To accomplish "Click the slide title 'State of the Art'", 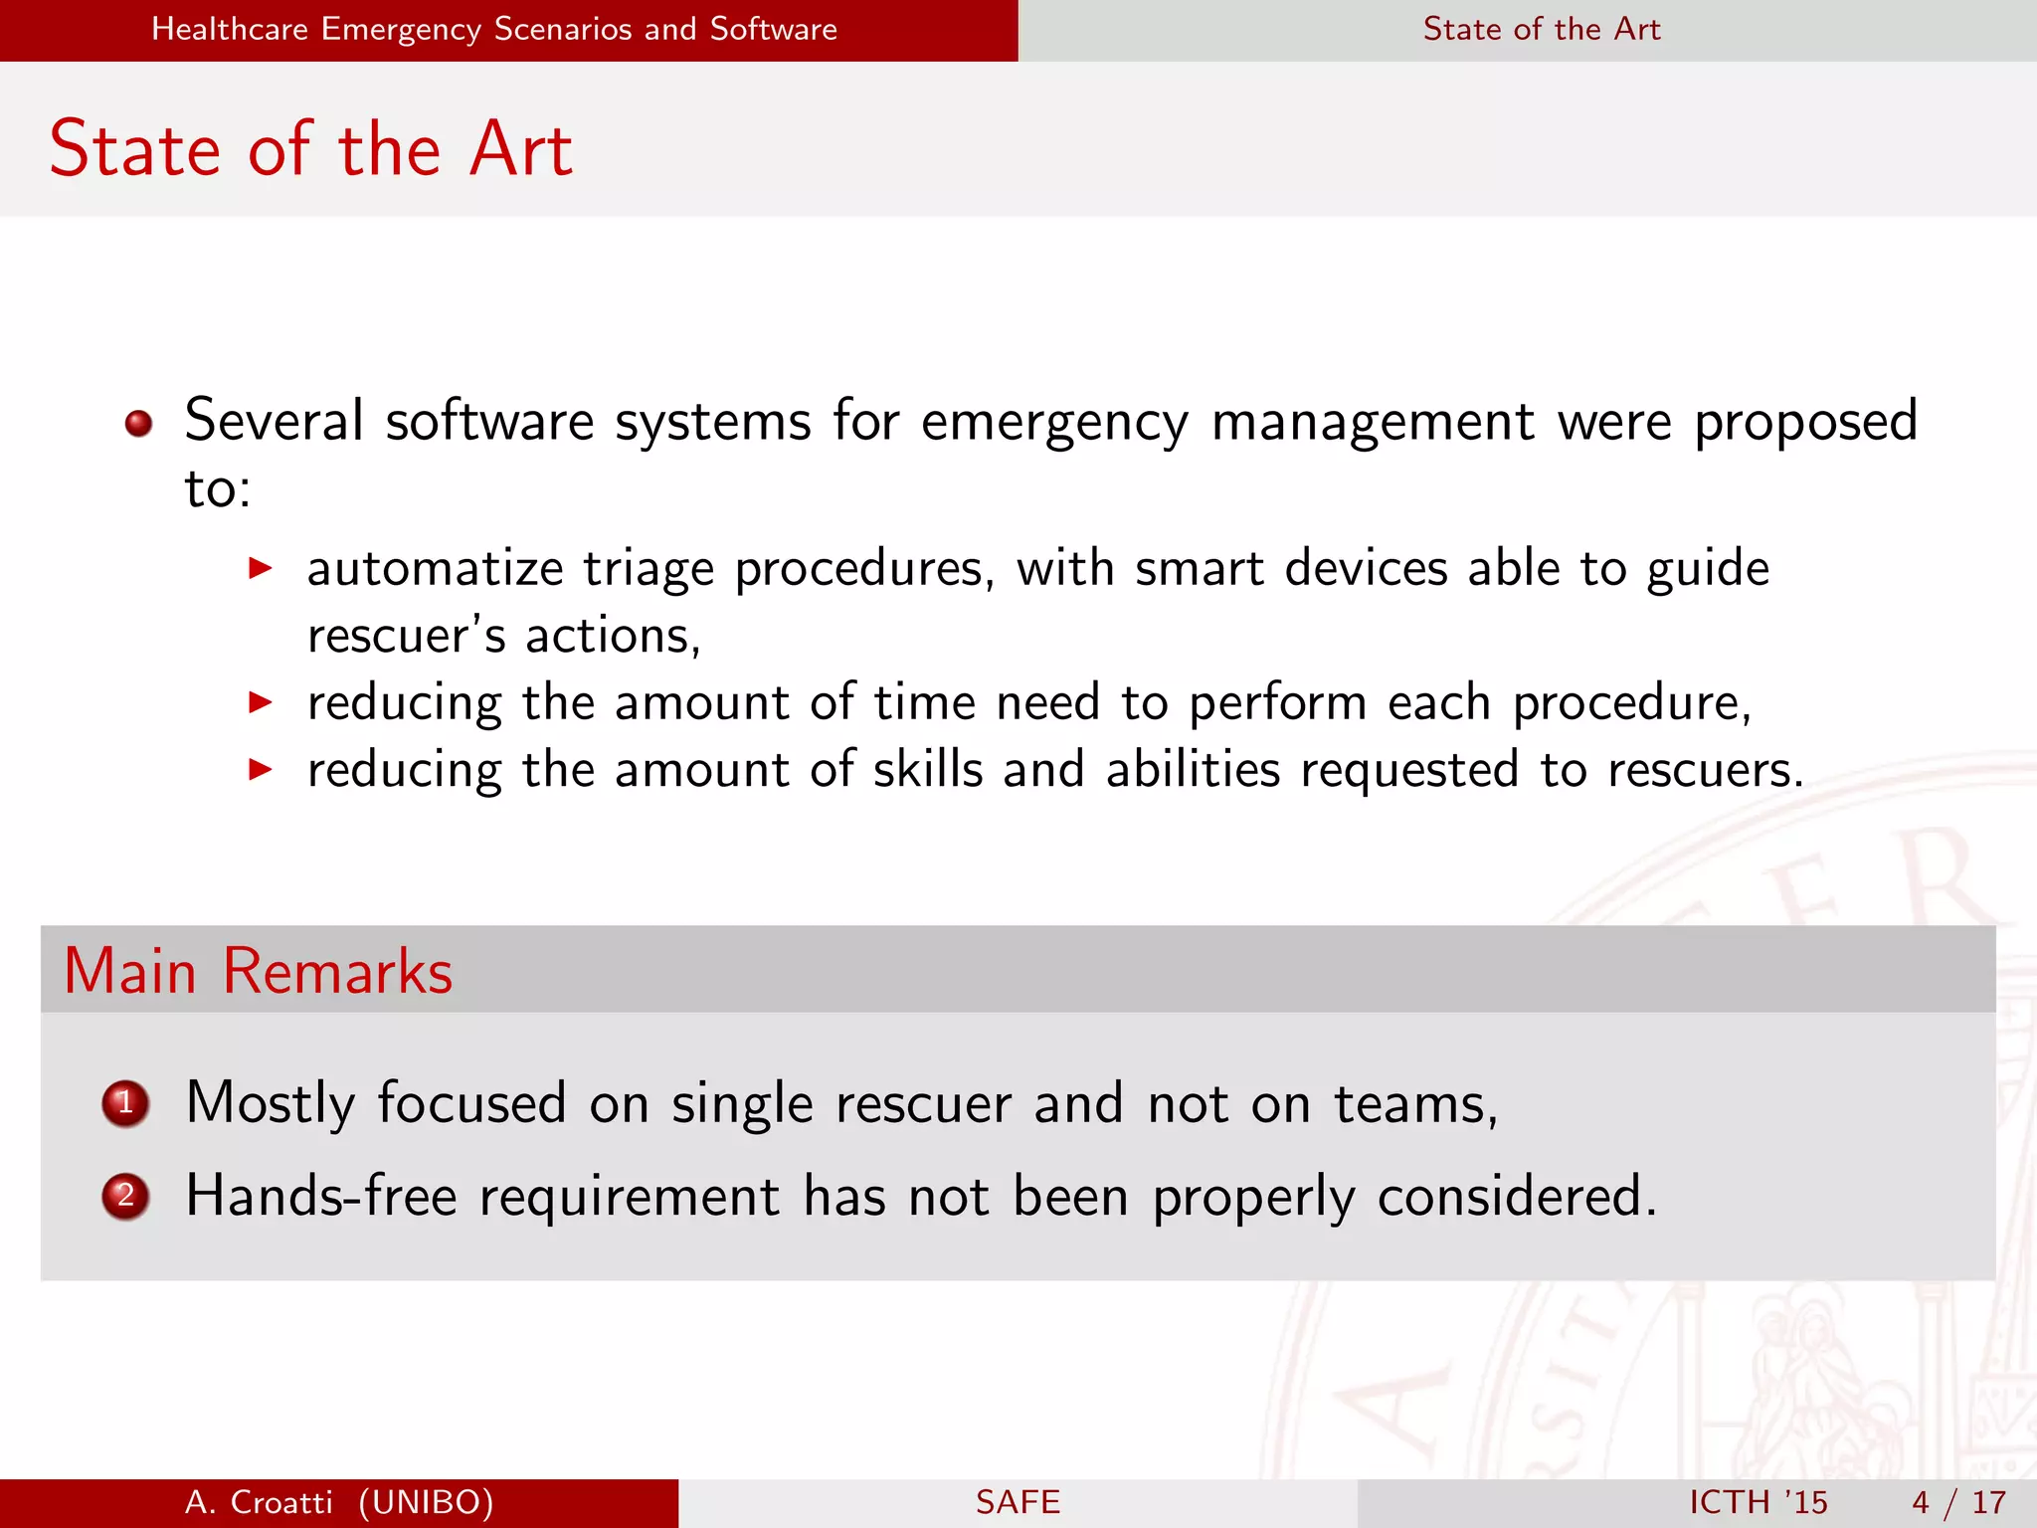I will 310,149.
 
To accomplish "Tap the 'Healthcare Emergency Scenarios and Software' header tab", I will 494,29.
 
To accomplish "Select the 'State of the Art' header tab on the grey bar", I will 1541,29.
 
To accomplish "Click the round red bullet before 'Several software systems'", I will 138,424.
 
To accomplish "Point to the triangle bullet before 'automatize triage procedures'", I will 260,569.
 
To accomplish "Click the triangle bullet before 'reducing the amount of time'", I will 260,703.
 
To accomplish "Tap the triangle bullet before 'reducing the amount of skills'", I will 260,769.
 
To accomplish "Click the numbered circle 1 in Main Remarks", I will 125,1103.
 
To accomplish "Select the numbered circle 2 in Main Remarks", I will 125,1196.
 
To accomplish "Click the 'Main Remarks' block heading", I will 259,971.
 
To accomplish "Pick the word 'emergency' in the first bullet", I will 1054,422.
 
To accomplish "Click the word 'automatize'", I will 436,569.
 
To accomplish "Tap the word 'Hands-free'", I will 321,1196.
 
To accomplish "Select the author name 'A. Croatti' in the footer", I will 259,1502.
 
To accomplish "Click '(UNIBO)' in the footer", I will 426,1502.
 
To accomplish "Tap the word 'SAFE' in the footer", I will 1018,1502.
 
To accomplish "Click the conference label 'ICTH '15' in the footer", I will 1758,1502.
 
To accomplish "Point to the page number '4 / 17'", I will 1958,1502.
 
